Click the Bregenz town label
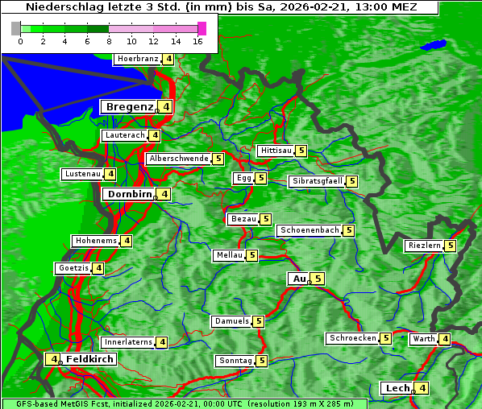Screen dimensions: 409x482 click(129, 106)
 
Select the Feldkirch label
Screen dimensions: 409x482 click(90, 359)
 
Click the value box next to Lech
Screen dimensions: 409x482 click(422, 388)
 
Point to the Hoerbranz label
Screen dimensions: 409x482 click(136, 59)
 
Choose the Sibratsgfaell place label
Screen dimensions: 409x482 click(317, 181)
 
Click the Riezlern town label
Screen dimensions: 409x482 click(424, 246)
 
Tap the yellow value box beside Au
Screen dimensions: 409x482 click(318, 279)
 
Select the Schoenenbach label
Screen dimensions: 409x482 click(309, 230)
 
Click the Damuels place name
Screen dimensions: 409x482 click(231, 321)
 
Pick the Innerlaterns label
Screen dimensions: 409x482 click(128, 342)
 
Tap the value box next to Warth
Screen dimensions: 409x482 click(445, 339)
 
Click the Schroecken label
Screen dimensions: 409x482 click(352, 338)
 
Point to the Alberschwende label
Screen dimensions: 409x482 click(178, 159)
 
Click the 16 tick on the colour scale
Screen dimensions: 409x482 click(197, 41)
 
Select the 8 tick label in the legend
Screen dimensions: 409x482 click(109, 41)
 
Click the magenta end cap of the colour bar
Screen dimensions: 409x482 click(202, 28)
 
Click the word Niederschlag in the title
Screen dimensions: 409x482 click(59, 6)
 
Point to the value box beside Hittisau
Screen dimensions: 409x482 click(301, 151)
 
